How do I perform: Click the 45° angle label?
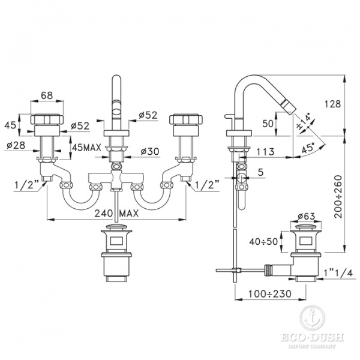(x=308, y=148)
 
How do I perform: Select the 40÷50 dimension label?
(x=263, y=241)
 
